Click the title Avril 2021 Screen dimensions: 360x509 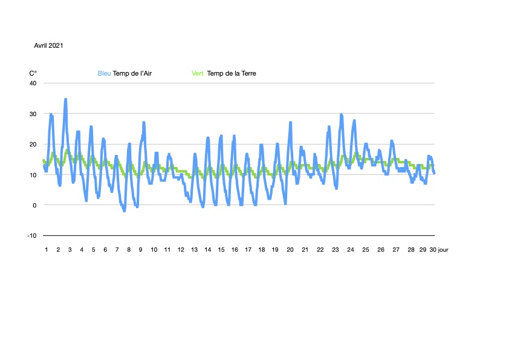(49, 45)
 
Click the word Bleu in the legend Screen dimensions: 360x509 (105, 74)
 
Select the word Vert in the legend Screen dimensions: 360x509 (198, 74)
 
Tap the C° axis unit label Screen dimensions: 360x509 (33, 74)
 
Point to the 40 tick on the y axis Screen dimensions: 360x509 (33, 83)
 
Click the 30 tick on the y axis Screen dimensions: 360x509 (33, 114)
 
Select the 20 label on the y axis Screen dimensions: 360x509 (33, 144)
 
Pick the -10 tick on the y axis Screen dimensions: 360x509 (31, 235)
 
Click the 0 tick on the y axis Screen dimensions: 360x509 (34, 205)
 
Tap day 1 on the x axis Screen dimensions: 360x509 (46, 249)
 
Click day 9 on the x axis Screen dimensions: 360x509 (140, 249)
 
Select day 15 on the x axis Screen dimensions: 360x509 (221, 249)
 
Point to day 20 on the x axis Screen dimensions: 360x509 (290, 249)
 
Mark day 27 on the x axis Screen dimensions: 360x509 (395, 249)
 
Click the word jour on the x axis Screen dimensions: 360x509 (443, 249)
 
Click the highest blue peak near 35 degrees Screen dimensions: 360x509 (65, 99)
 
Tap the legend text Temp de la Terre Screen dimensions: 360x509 (232, 74)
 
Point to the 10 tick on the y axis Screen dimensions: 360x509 (33, 175)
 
